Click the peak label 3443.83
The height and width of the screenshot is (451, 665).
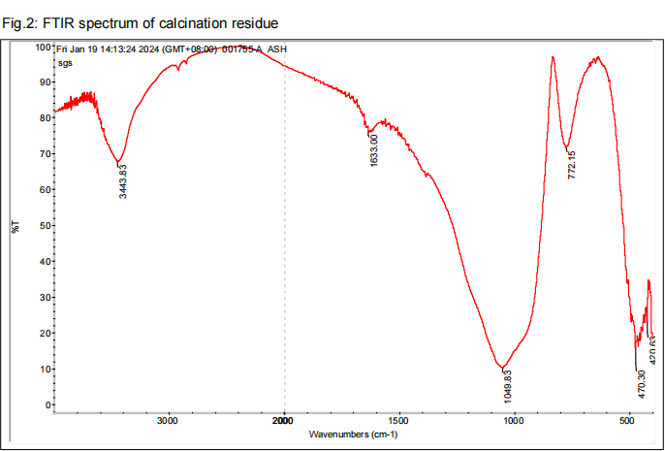click(x=123, y=181)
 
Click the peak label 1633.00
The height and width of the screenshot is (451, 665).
click(x=374, y=149)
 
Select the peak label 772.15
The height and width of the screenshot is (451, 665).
click(x=572, y=166)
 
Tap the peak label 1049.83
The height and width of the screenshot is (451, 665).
click(x=508, y=386)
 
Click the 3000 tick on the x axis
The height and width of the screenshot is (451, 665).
click(x=169, y=422)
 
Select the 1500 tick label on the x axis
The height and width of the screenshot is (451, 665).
click(x=398, y=422)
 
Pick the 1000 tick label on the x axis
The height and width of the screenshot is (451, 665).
click(x=513, y=422)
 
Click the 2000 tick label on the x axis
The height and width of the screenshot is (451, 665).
click(x=283, y=422)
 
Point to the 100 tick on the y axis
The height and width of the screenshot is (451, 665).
click(x=42, y=47)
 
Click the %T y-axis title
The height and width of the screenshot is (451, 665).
click(x=15, y=227)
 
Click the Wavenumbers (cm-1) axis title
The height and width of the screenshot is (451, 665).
click(x=353, y=435)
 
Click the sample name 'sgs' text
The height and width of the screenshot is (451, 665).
click(x=65, y=62)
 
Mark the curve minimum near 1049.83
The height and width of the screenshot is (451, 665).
click(x=503, y=369)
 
